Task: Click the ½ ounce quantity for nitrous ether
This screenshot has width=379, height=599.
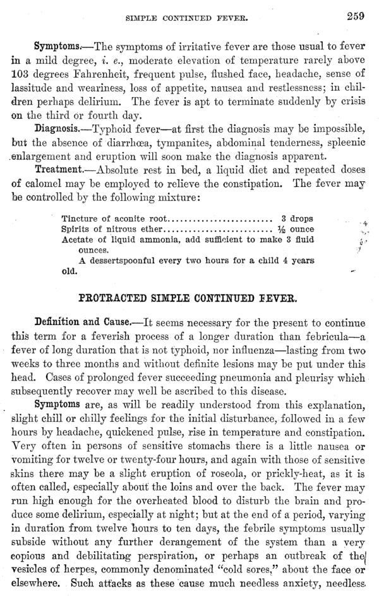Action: coord(296,228)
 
